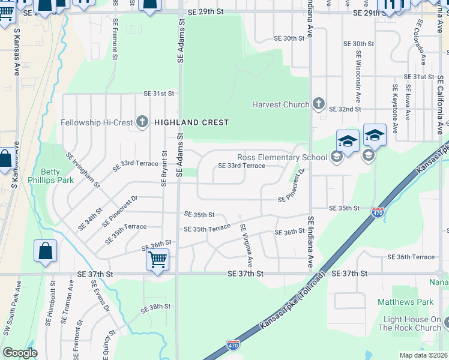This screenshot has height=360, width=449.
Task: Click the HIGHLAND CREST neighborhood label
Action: (x=191, y=122)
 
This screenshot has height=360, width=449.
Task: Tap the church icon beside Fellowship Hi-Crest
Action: (x=142, y=122)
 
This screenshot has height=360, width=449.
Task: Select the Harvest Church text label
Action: (x=280, y=104)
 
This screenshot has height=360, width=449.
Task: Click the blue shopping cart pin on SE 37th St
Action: (x=157, y=260)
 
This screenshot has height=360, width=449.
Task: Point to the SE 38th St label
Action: (x=155, y=307)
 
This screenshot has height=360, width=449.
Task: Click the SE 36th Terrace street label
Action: (x=411, y=257)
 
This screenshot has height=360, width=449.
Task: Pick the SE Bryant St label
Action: (x=163, y=168)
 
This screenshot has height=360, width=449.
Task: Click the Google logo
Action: (x=20, y=353)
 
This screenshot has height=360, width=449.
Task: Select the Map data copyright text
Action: (x=423, y=355)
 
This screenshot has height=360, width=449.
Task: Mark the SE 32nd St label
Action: (x=344, y=109)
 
